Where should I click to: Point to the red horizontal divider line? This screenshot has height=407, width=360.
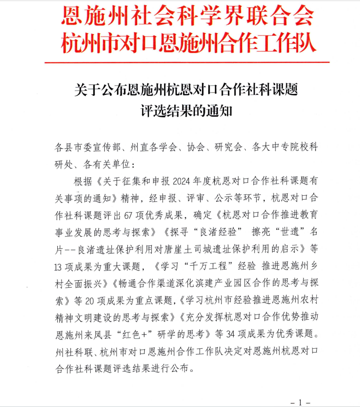click(x=187, y=62)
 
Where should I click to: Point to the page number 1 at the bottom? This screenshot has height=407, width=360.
click(x=301, y=402)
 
